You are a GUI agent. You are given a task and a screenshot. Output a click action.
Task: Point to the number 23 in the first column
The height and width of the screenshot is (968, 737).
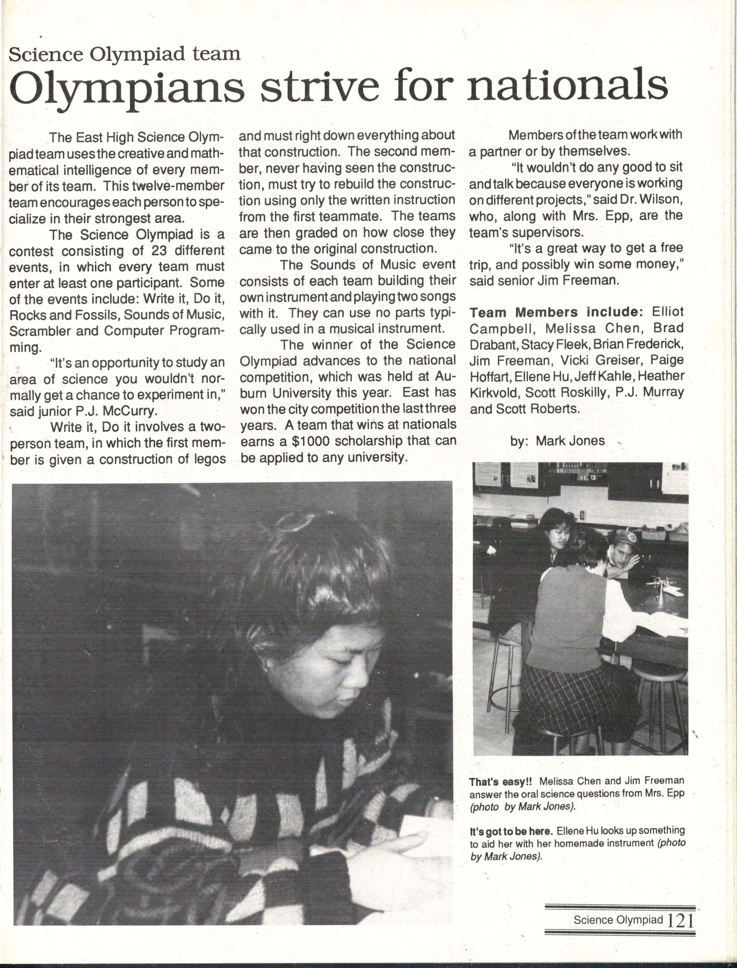pyautogui.click(x=162, y=251)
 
